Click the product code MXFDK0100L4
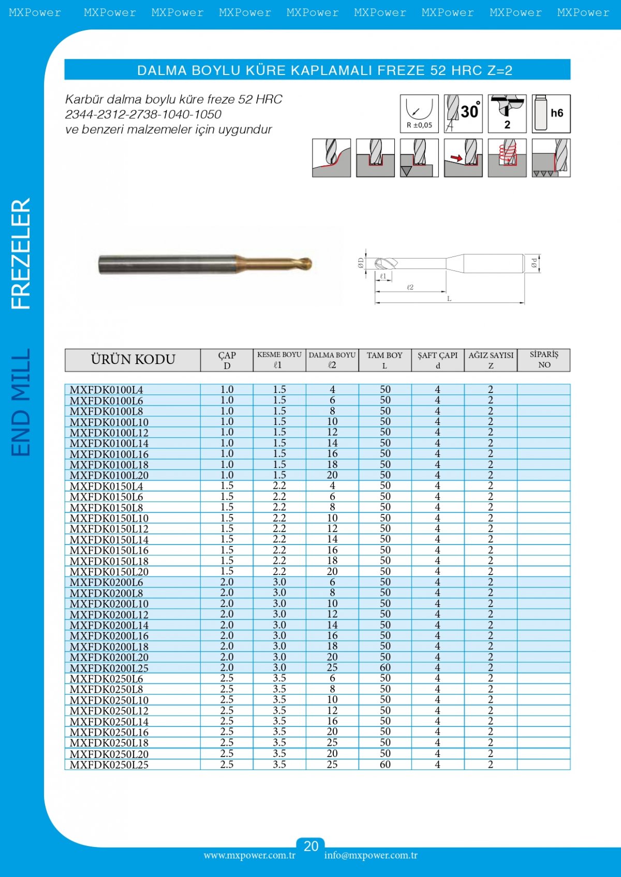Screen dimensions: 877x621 coord(107,390)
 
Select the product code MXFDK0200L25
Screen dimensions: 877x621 coord(109,668)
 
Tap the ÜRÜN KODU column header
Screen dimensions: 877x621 coord(133,359)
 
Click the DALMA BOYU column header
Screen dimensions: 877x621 coord(332,360)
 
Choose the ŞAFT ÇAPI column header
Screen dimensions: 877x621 coord(438,360)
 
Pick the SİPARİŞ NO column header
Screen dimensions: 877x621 coord(544,359)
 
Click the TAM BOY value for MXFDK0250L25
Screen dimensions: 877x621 coord(385,764)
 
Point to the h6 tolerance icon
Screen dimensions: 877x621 coord(551,114)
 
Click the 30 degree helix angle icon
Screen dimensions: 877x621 coord(463,114)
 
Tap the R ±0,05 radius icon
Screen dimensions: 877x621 coord(419,114)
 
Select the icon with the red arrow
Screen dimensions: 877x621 coord(463,158)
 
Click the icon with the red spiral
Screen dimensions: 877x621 coord(507,158)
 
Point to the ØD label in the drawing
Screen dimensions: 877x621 coord(361,263)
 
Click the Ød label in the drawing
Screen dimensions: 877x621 coord(534,264)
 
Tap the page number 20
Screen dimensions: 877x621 coord(310,846)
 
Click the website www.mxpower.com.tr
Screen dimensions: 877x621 coord(249,855)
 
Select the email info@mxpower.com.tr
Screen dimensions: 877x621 coord(371,855)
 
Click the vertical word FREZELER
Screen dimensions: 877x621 coord(21,253)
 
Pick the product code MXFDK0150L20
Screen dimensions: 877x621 coord(109,572)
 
